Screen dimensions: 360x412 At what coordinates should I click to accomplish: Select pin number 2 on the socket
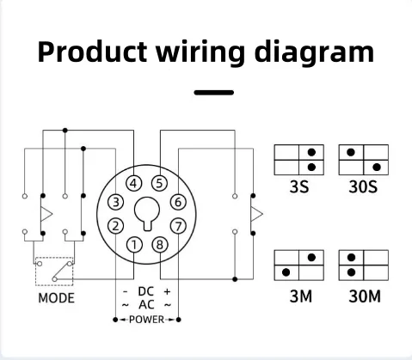coord(114,226)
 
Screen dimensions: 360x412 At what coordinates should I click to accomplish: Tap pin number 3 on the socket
coord(114,203)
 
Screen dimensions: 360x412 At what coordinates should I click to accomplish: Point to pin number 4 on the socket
coord(134,183)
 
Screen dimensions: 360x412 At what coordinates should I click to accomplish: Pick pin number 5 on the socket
coord(158,183)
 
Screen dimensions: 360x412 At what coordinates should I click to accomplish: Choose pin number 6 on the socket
coord(177,203)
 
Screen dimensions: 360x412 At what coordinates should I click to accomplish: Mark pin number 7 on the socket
coord(177,226)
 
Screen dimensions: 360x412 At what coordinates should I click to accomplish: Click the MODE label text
coord(56,299)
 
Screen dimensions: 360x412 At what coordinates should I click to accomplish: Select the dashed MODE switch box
coord(52,272)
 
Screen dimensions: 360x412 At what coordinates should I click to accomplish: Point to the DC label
coord(145,292)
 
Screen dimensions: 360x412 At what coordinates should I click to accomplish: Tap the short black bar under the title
coord(213,91)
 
